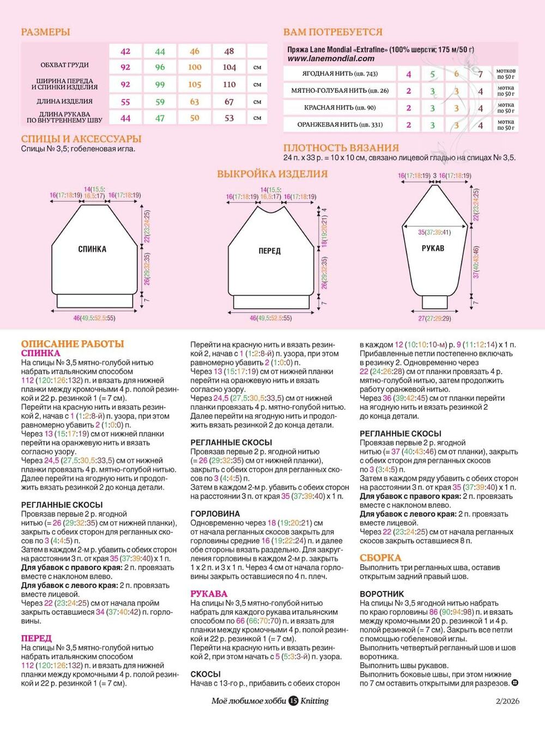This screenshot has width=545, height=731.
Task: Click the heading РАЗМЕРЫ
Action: coord(45,32)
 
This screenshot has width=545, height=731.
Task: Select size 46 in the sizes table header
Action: coord(195,51)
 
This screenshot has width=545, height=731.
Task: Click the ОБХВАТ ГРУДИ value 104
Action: coord(229,68)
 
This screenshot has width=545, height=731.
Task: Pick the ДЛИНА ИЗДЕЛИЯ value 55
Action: coord(125,101)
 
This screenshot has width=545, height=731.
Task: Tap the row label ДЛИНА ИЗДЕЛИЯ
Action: coord(64,101)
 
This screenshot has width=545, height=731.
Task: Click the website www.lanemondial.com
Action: coord(331,58)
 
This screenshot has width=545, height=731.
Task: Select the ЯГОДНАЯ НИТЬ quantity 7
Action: coord(480,74)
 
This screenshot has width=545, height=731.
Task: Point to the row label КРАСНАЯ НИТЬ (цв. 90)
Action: coord(340,108)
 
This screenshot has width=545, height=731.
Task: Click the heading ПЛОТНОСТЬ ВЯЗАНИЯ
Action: coord(341,148)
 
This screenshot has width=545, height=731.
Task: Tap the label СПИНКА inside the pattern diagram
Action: coord(92,249)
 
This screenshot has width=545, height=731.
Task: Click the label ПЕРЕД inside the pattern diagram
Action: coord(269,251)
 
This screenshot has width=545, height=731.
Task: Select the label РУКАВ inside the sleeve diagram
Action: coord(433,248)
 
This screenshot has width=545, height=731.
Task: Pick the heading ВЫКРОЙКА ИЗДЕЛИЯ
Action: coord(272,174)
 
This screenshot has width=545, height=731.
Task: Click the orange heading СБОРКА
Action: coord(380,558)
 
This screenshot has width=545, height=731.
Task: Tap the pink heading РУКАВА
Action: coord(209,594)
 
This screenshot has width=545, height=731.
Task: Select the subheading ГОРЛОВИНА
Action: coord(215,513)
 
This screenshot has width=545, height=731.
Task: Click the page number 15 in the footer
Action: coord(293,701)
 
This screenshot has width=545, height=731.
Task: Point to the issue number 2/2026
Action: coord(507,701)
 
